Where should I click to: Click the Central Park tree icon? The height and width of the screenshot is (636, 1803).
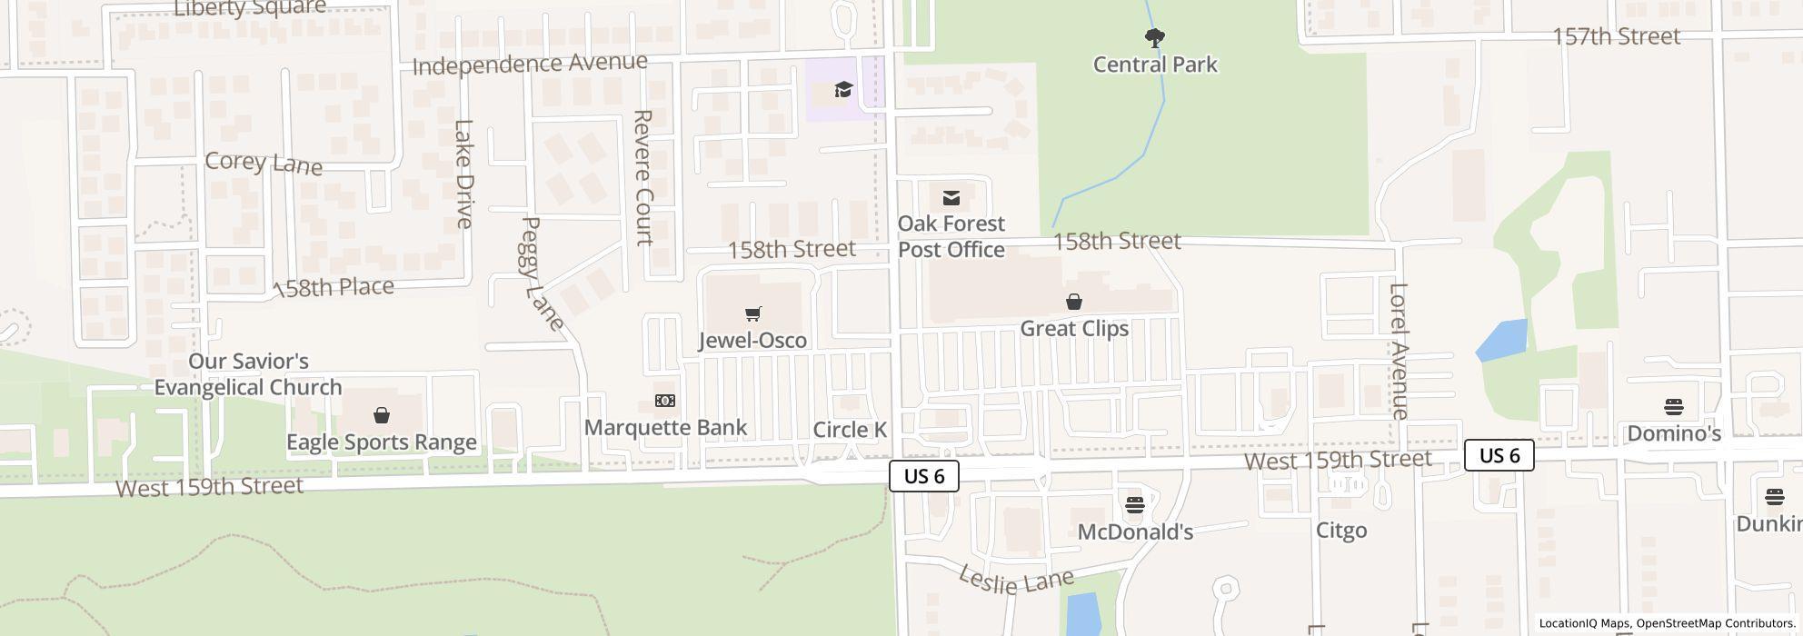pyautogui.click(x=1154, y=38)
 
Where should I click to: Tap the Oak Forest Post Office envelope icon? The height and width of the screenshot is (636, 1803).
pyautogui.click(x=951, y=197)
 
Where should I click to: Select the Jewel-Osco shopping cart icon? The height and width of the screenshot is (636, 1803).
pyautogui.click(x=752, y=314)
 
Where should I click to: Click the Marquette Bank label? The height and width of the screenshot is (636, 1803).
pyautogui.click(x=665, y=427)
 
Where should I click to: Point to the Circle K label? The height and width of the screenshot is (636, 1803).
pyautogui.click(x=850, y=430)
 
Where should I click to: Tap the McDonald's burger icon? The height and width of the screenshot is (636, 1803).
pyautogui.click(x=1134, y=505)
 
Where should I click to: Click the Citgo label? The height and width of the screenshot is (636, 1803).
pyautogui.click(x=1341, y=530)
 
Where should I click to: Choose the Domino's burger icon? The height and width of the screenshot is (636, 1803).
pyautogui.click(x=1673, y=406)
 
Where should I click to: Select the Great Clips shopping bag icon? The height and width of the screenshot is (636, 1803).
pyautogui.click(x=1073, y=302)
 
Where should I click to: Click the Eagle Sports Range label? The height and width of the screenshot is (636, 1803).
pyautogui.click(x=382, y=442)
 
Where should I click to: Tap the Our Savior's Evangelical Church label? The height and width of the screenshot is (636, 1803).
pyautogui.click(x=248, y=374)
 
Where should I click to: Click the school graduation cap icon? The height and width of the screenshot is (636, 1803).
pyautogui.click(x=843, y=89)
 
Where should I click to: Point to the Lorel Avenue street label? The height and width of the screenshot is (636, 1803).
pyautogui.click(x=1399, y=351)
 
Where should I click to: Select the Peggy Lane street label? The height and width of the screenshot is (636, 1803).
pyautogui.click(x=542, y=273)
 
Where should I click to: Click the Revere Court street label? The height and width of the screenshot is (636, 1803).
pyautogui.click(x=643, y=178)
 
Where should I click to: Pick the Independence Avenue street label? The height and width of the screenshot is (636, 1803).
pyautogui.click(x=530, y=64)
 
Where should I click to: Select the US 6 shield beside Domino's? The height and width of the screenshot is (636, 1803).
pyautogui.click(x=1499, y=455)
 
